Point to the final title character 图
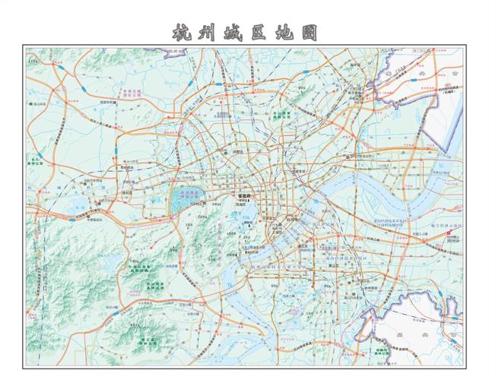tap(307, 33)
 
